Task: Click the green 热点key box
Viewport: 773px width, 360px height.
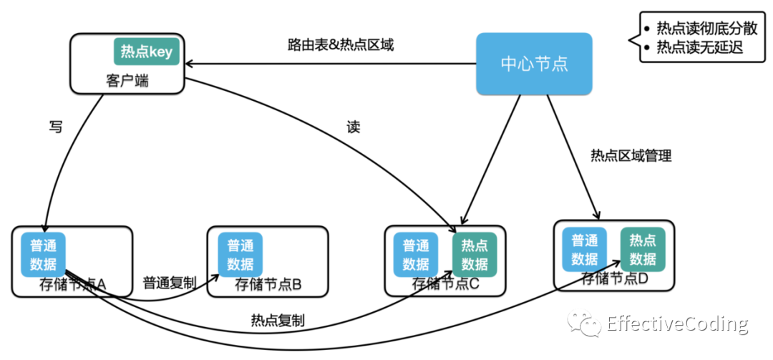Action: tap(147, 52)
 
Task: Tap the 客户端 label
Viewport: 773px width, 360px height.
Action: tap(127, 81)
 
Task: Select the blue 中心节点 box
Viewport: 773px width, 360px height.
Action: tap(534, 64)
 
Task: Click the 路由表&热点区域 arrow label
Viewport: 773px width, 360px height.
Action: tap(341, 45)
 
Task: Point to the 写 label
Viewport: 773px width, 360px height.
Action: tap(56, 127)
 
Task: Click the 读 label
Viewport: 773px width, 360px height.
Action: tap(354, 127)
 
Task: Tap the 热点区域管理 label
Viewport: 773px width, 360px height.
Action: tap(631, 156)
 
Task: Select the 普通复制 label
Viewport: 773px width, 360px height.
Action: tap(170, 283)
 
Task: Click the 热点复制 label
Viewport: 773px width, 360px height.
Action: tap(278, 321)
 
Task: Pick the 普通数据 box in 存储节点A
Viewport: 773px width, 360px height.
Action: tap(44, 255)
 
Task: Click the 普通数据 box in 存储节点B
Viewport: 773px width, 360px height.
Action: tap(240, 255)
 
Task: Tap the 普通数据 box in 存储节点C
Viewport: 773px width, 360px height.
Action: tap(416, 255)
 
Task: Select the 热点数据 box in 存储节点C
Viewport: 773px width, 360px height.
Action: tap(475, 255)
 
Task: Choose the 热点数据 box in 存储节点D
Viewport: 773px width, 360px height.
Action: tap(643, 249)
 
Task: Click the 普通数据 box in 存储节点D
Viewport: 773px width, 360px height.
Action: tap(585, 249)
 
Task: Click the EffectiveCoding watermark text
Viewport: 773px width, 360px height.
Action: tap(678, 324)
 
